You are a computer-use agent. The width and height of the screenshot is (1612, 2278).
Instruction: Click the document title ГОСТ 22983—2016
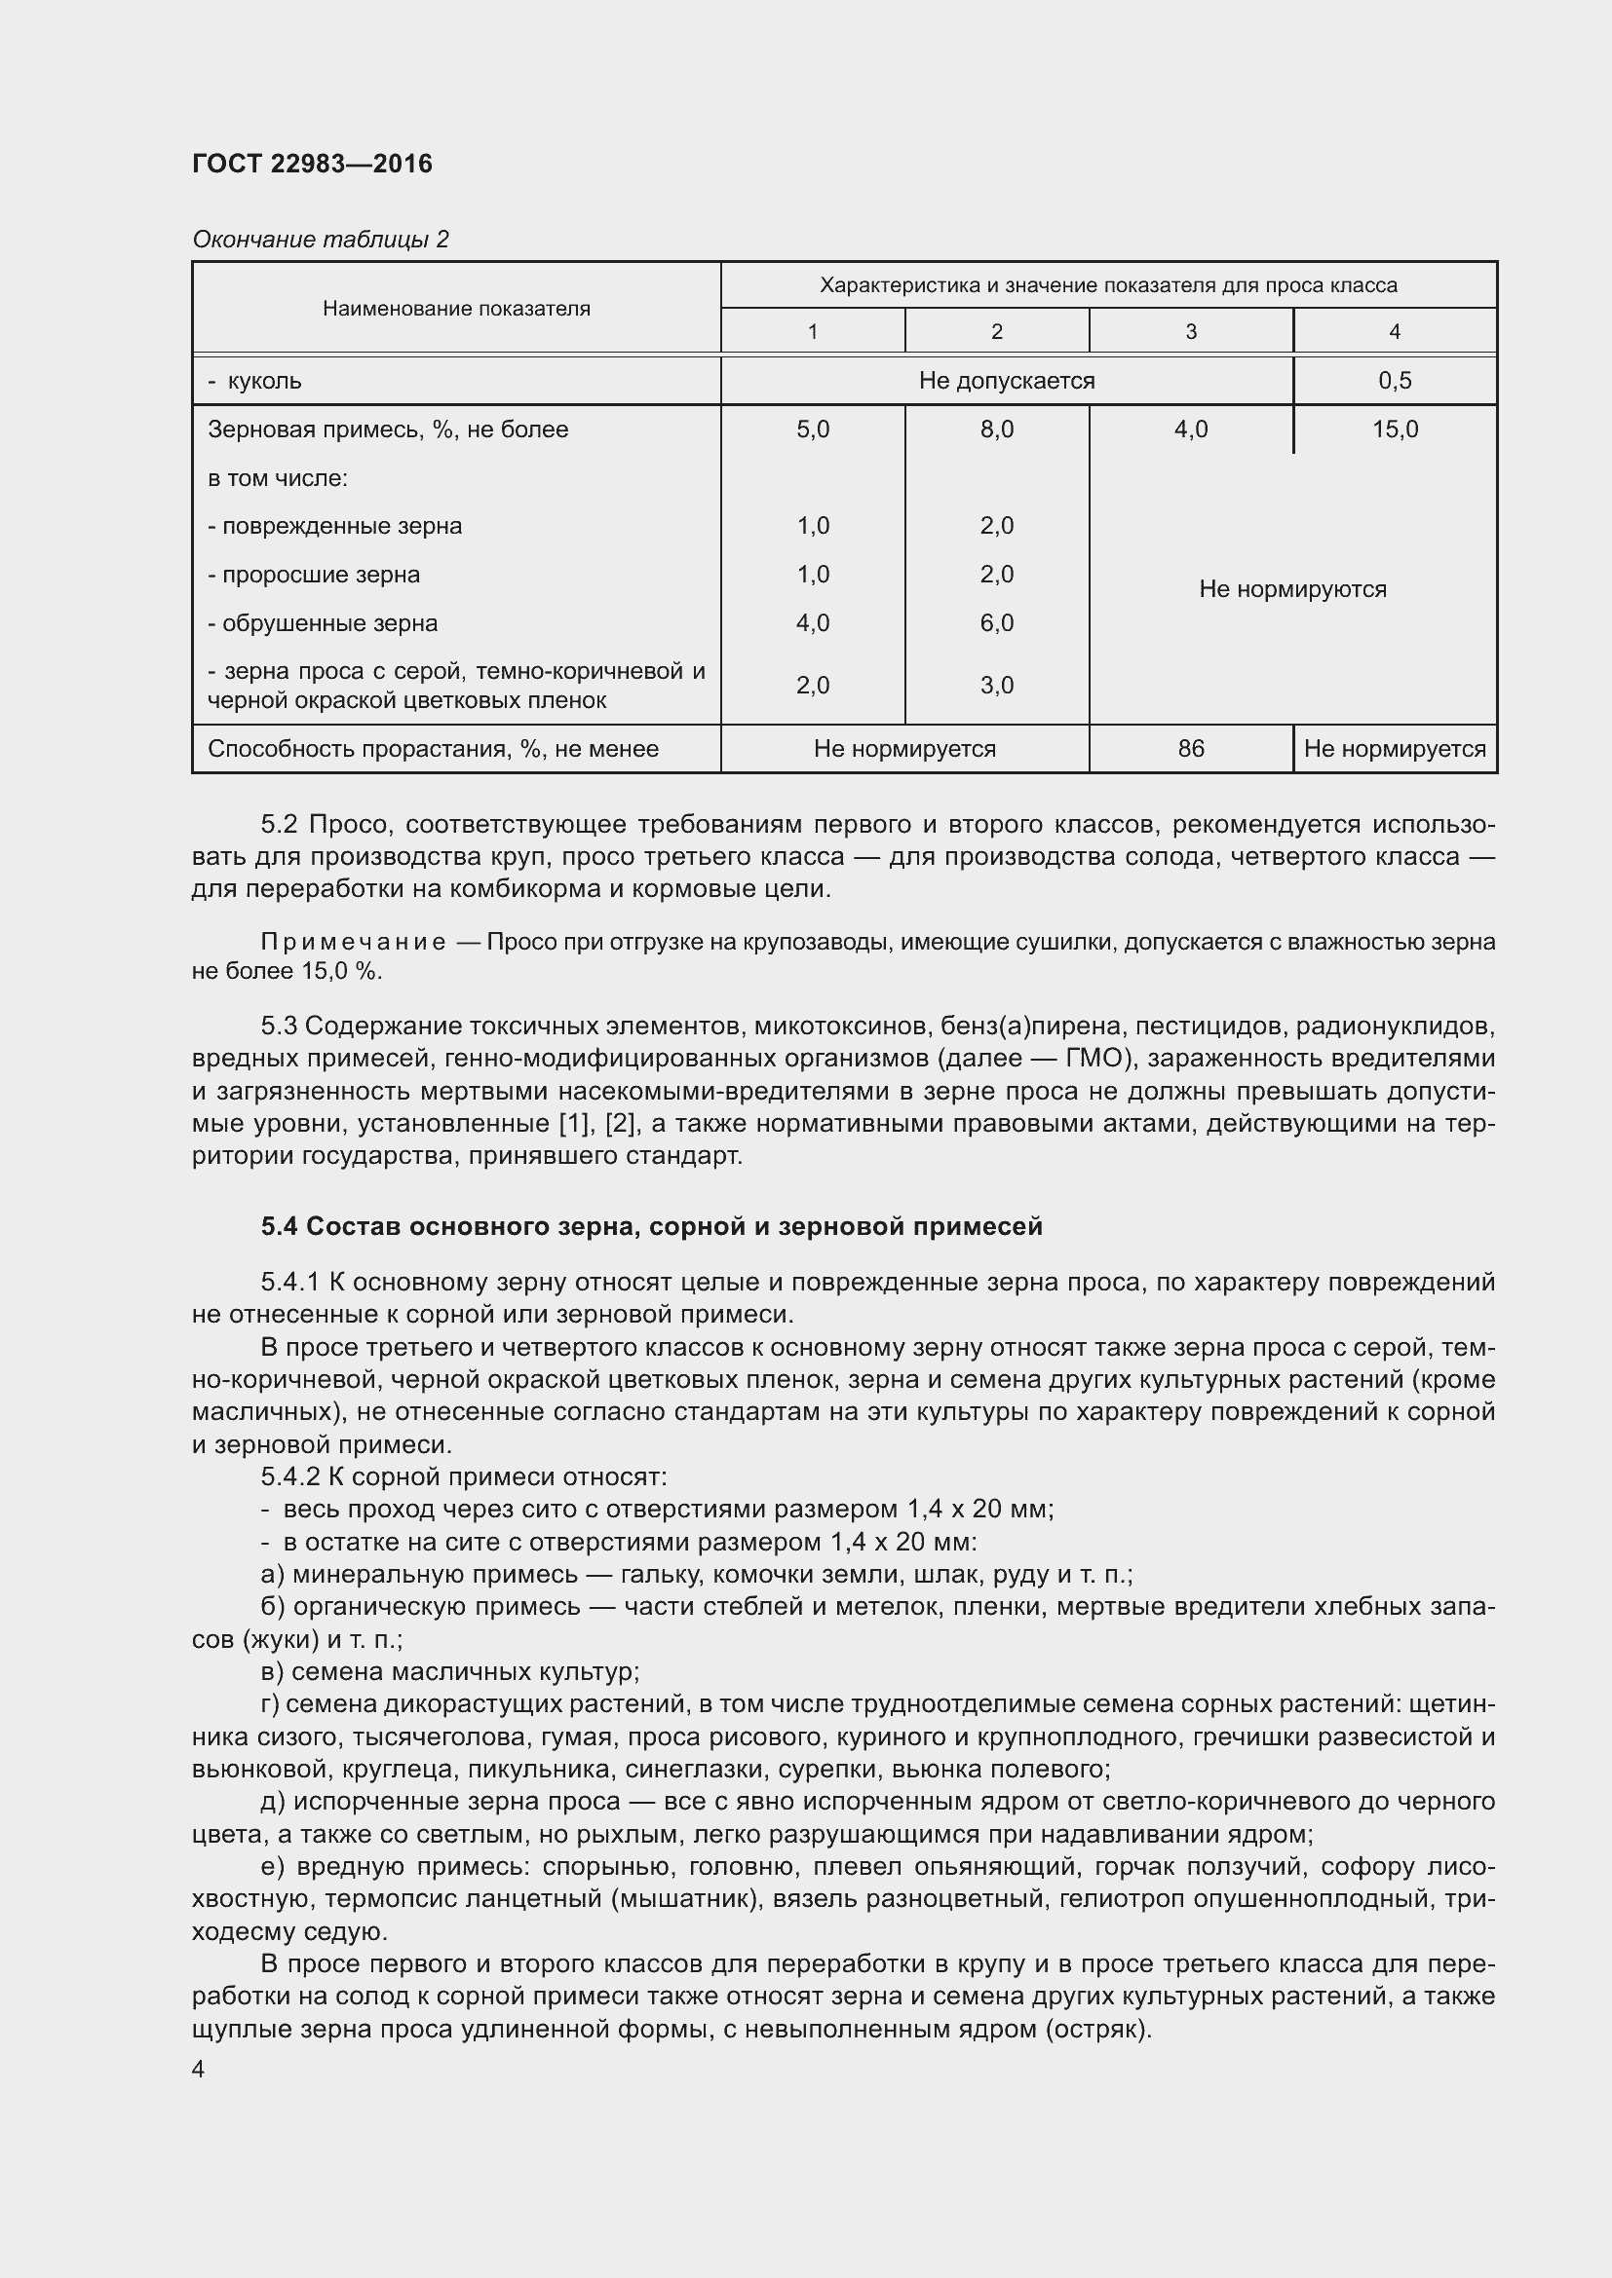click(x=312, y=164)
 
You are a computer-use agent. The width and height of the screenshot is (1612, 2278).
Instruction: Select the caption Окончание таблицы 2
click(x=320, y=240)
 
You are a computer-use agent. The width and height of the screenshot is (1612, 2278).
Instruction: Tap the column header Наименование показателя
click(x=455, y=309)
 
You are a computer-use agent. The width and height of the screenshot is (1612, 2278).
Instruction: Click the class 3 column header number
click(x=1190, y=331)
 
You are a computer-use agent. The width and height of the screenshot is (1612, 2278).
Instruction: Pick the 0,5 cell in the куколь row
click(x=1394, y=381)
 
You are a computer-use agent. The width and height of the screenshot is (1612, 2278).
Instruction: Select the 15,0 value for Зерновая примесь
click(x=1394, y=429)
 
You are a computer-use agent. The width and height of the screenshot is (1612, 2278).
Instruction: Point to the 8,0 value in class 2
click(x=996, y=429)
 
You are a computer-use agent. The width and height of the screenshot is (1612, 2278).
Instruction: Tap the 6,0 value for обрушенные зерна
click(x=996, y=623)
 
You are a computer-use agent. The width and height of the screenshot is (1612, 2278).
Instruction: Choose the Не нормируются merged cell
click(x=1291, y=589)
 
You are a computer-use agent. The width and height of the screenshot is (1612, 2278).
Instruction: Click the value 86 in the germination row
click(x=1190, y=749)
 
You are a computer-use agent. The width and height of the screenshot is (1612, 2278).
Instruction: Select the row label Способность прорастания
click(x=433, y=749)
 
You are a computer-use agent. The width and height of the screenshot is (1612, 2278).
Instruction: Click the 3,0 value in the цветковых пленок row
click(x=996, y=686)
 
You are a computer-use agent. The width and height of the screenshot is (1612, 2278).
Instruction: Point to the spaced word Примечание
click(x=353, y=942)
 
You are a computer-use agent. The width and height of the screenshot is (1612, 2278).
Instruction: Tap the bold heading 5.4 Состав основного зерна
click(x=651, y=1226)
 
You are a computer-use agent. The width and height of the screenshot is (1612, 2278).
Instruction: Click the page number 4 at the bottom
click(x=198, y=2069)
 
